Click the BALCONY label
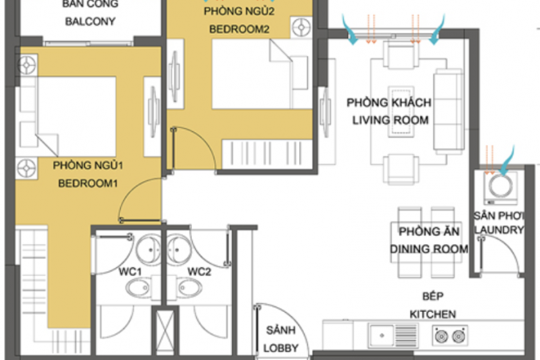[x=90, y=22]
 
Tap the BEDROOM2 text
[x=239, y=30]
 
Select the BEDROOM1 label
[x=88, y=183]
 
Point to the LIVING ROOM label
[x=390, y=120]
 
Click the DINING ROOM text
[x=429, y=249]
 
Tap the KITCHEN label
[x=433, y=314]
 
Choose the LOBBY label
[x=281, y=348]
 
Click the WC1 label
[x=130, y=272]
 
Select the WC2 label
[x=199, y=272]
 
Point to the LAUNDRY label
[x=499, y=230]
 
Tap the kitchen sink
[x=394, y=335]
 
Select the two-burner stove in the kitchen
[x=450, y=335]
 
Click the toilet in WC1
[x=138, y=288]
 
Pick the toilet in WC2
[x=190, y=288]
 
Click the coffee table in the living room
[x=402, y=112]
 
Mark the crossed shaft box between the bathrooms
[x=165, y=332]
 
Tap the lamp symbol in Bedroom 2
[x=302, y=27]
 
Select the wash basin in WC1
[x=149, y=249]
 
